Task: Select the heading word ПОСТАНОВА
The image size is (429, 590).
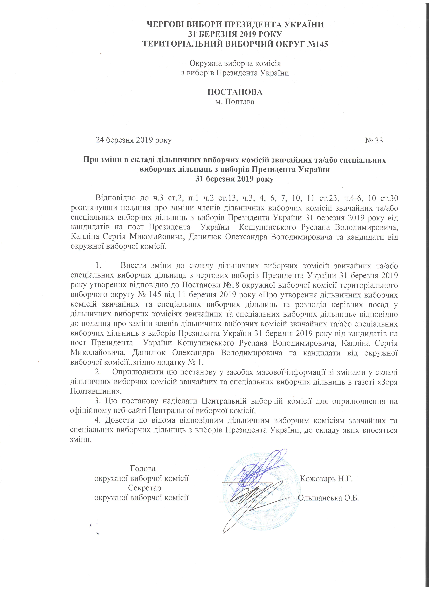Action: coord(235,92)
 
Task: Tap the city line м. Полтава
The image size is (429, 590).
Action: coord(235,102)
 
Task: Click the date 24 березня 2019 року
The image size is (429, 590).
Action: coord(133,140)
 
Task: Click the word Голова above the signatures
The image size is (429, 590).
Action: coord(143,468)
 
